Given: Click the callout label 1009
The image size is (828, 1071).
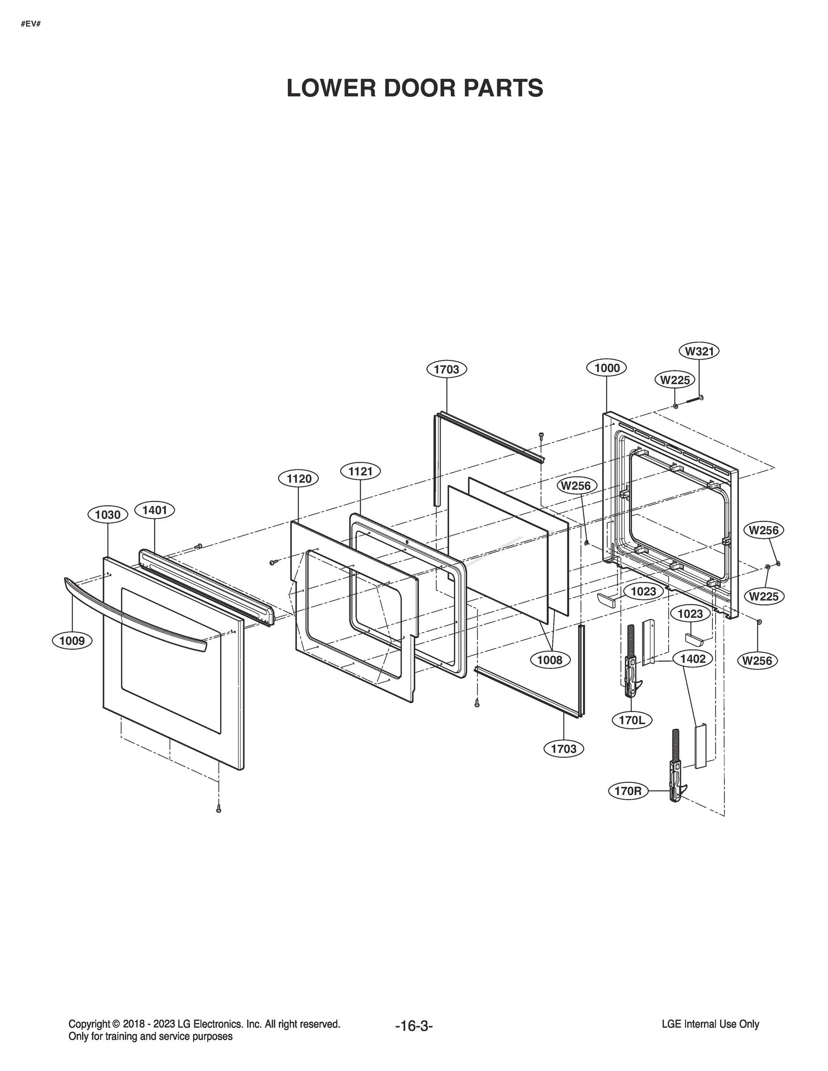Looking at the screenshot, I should [72, 640].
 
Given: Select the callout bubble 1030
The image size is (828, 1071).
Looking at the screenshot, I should [108, 515].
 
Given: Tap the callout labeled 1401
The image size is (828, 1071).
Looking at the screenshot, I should [154, 510].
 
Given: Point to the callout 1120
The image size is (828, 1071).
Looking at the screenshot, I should [299, 479].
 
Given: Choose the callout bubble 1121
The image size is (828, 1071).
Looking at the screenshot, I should [361, 472].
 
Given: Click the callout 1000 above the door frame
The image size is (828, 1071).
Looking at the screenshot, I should [607, 368].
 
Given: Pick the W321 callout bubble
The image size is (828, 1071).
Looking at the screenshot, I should [699, 351].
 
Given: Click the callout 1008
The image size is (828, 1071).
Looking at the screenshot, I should [550, 660].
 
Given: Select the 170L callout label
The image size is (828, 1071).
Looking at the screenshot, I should [632, 720].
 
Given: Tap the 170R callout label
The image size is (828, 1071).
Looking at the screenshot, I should [628, 791].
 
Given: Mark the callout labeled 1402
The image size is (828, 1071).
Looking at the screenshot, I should [693, 659].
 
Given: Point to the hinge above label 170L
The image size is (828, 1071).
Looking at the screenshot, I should [631, 662].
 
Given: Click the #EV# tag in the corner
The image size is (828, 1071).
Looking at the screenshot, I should [30, 24].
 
